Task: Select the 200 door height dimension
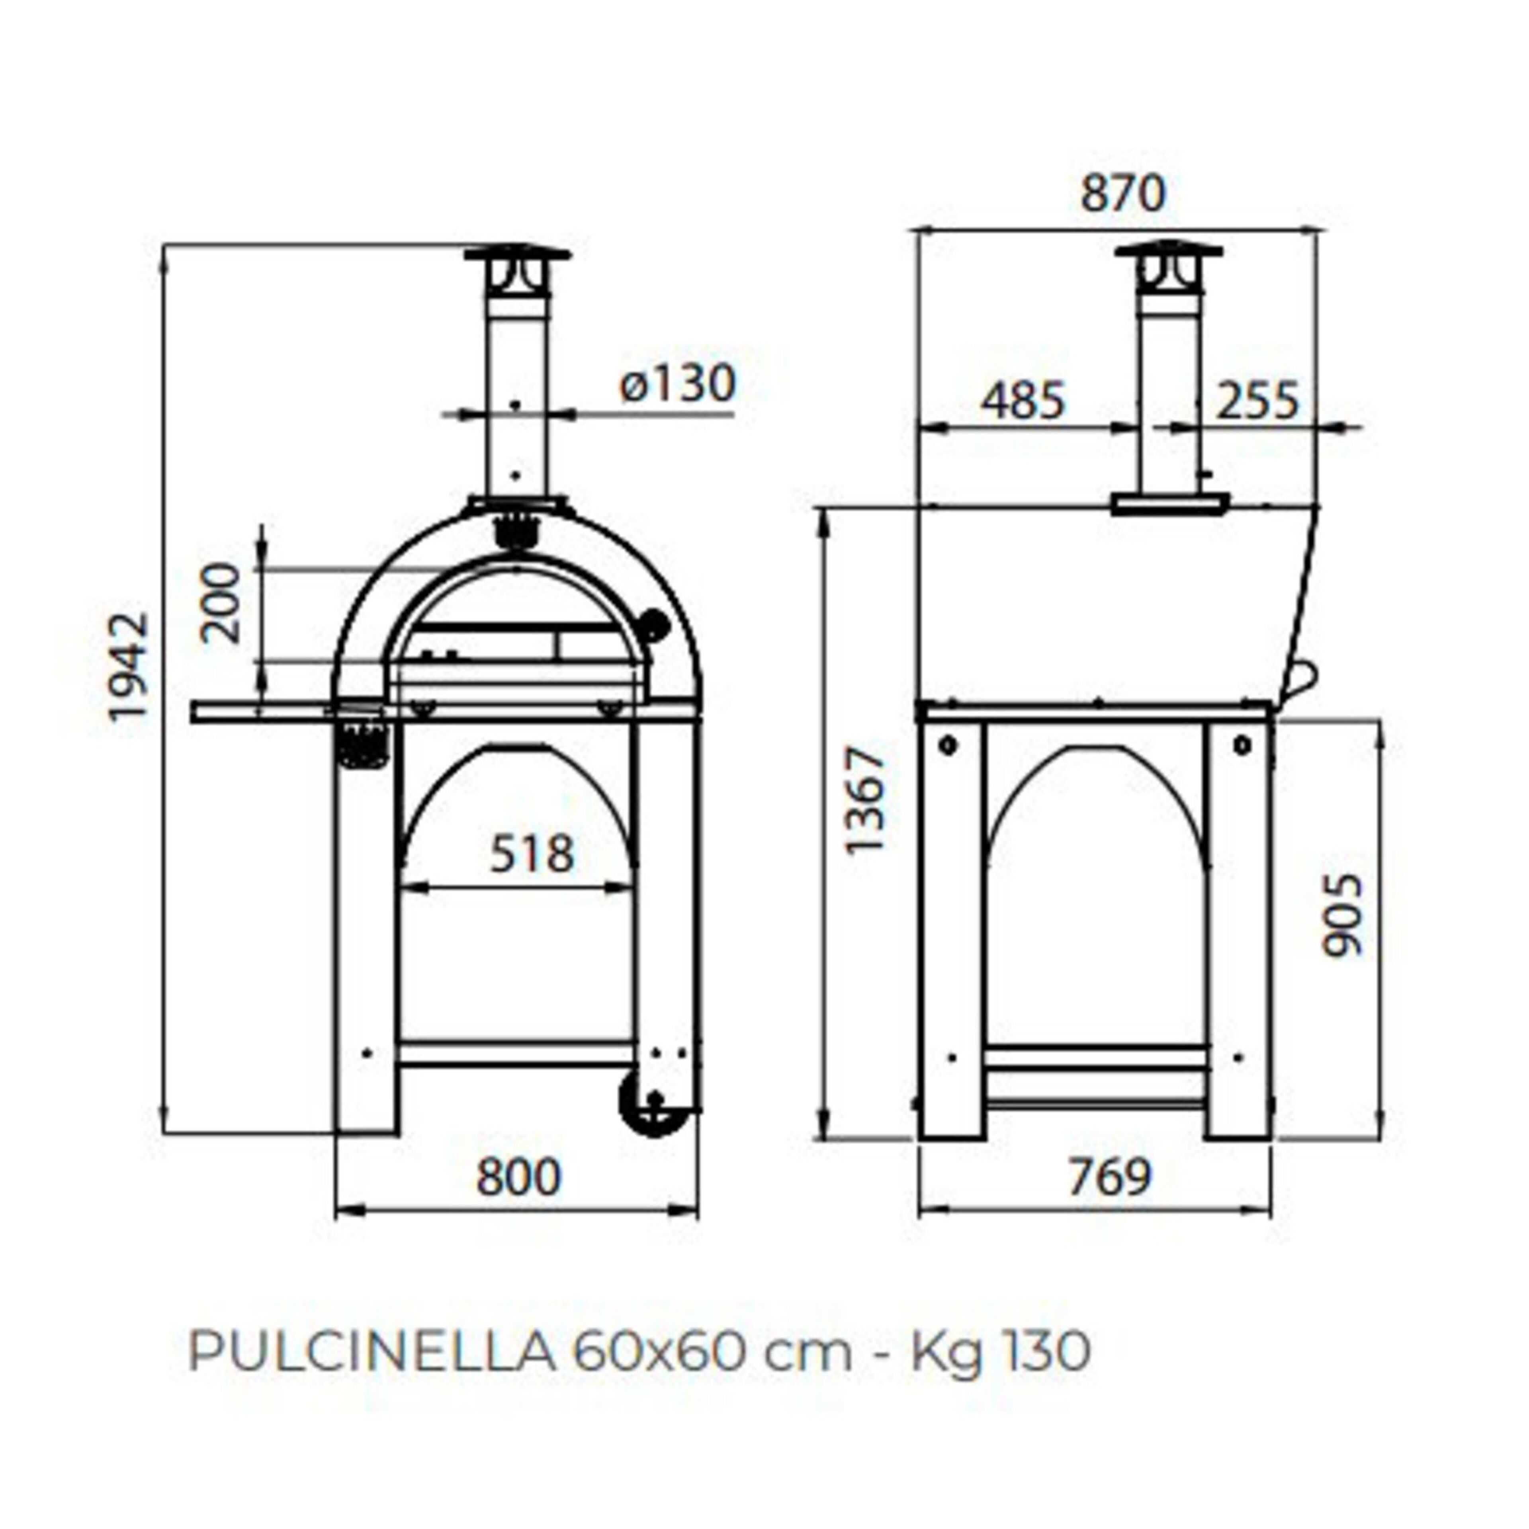(220, 603)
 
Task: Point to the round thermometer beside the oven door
(654, 625)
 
